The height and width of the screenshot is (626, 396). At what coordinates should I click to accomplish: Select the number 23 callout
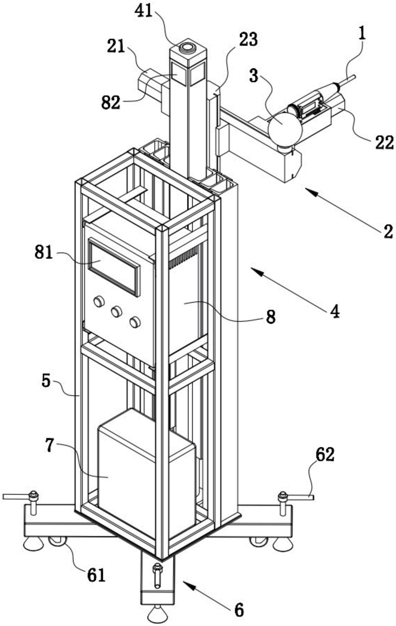point(249,40)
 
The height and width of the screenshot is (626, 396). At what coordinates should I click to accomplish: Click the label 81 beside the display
point(44,253)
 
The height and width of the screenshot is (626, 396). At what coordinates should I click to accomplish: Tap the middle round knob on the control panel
point(116,312)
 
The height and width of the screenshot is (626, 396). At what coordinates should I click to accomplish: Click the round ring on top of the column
point(188,47)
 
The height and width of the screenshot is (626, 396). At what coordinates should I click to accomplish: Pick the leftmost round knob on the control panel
point(99,302)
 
